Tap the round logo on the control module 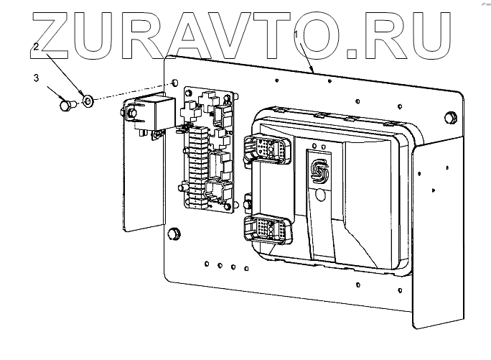(x=318, y=170)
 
